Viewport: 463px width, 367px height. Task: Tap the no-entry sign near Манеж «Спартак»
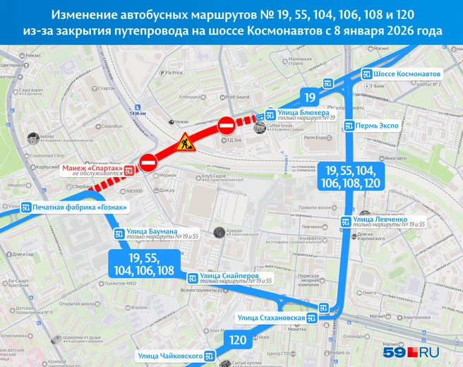point(148,162)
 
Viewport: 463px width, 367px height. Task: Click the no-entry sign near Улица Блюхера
point(226,126)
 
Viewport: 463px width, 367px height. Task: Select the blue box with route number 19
point(310,97)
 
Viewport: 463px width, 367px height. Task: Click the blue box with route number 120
point(238,340)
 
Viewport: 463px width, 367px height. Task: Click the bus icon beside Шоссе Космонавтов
point(366,74)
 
